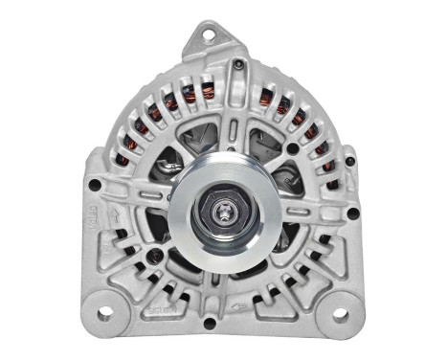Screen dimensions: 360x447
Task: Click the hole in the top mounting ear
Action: pos(206,34)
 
